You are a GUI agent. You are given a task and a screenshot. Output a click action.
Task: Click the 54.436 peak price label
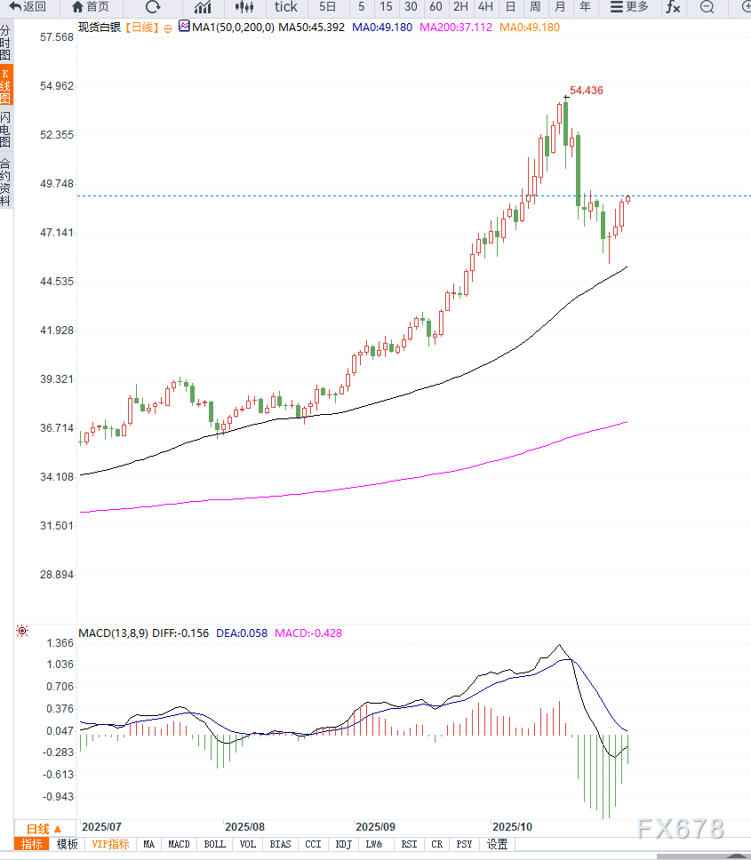click(x=587, y=91)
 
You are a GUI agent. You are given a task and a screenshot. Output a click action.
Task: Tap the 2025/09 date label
click(x=373, y=825)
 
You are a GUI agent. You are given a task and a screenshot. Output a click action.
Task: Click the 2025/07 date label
click(x=100, y=825)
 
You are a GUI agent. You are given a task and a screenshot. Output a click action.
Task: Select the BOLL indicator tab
click(x=214, y=844)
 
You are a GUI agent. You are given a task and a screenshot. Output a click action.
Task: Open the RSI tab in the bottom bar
click(x=409, y=844)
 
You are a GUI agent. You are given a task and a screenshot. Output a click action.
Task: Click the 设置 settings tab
click(x=497, y=844)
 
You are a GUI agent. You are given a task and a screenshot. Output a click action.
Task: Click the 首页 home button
click(x=91, y=7)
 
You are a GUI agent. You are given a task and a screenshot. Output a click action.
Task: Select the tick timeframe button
click(x=285, y=7)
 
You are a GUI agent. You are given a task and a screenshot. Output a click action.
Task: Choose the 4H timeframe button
click(x=485, y=7)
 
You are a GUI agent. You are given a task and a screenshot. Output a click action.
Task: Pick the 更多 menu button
click(x=629, y=7)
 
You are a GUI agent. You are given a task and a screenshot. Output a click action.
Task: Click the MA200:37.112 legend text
click(x=455, y=28)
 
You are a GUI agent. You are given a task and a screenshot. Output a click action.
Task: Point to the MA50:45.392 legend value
click(x=311, y=28)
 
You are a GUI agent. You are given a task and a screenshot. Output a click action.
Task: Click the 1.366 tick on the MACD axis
click(x=60, y=643)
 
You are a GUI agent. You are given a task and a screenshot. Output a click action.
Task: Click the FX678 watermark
click(x=680, y=829)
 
